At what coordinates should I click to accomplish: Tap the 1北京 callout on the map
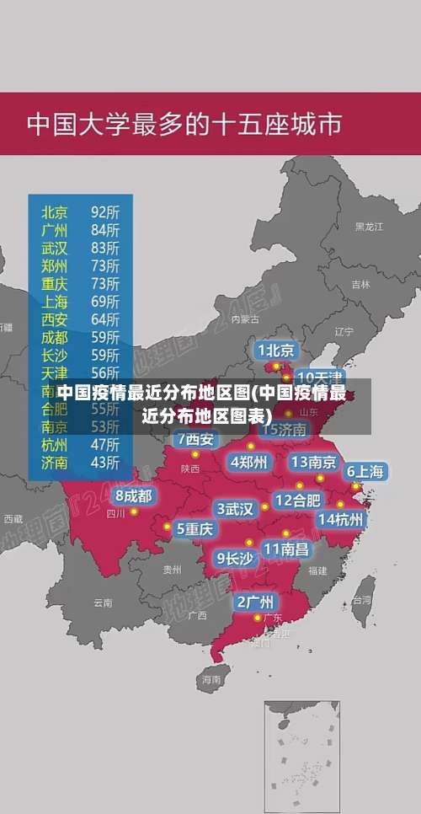point(275,350)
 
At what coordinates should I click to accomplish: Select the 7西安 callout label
point(195,439)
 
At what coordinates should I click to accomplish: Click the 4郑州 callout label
point(248,462)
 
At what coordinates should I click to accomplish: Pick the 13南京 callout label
point(314,462)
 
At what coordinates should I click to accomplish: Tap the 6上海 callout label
point(365,472)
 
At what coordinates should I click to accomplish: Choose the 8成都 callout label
point(134,495)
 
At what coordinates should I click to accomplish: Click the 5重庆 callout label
point(195,529)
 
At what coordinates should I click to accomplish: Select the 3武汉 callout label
point(235,509)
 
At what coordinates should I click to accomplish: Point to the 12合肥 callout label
point(297,501)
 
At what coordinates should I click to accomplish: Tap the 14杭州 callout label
point(340,520)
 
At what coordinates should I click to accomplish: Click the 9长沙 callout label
point(235,558)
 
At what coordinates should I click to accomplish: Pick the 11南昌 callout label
point(285,549)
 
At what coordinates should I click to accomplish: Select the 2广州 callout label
point(254,602)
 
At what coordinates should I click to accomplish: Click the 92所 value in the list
point(105,212)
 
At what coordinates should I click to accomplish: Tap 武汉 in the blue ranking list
point(55,248)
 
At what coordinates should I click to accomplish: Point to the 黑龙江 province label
point(369,227)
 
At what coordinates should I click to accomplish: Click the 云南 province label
point(103,602)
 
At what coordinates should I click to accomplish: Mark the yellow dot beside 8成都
point(134,511)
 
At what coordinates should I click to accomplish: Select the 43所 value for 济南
point(105,462)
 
